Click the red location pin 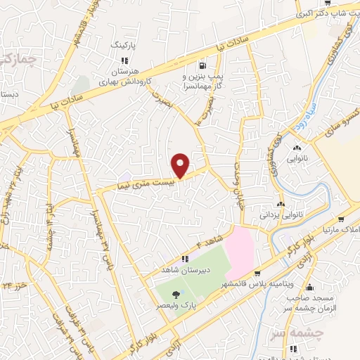[182, 165]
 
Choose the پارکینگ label [122, 44]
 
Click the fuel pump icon [204, 62]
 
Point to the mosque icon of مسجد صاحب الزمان [311, 288]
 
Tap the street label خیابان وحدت [236, 173]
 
